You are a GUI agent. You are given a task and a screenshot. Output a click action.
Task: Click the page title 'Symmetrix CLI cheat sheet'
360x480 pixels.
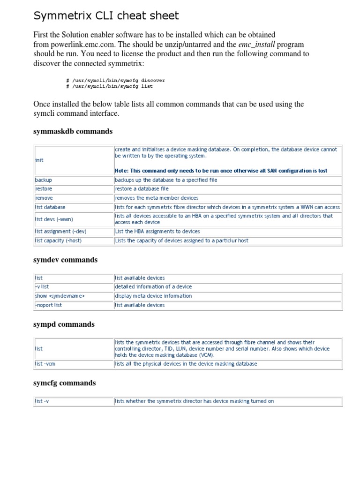point(106,16)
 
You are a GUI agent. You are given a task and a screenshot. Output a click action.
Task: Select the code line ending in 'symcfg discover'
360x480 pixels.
point(115,80)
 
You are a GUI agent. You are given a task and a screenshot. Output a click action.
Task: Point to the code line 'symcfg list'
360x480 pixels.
point(110,86)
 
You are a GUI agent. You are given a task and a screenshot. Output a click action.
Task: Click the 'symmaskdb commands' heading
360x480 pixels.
point(73,131)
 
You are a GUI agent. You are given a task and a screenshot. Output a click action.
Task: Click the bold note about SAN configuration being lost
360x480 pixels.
point(221,171)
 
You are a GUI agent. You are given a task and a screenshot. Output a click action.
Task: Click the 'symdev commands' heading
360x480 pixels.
point(66,260)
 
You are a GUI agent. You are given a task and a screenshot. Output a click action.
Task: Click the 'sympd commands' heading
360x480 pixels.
point(64,324)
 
